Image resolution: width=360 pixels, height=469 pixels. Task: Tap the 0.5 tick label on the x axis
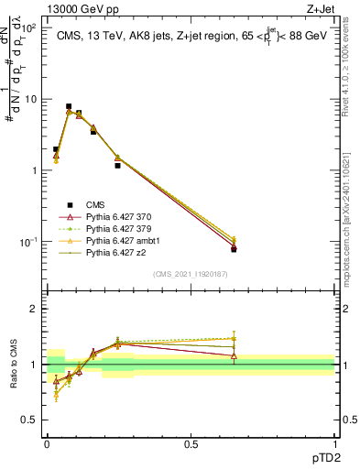coord(191,443)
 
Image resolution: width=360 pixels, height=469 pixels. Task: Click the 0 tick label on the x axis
coord(47,443)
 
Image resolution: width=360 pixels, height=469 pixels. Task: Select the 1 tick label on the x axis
coord(334,443)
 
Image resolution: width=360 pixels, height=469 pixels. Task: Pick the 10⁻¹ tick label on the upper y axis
coord(27,241)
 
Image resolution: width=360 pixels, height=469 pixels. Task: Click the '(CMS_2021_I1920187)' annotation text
coord(190,274)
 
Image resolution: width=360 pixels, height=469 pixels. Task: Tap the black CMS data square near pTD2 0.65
coord(234,249)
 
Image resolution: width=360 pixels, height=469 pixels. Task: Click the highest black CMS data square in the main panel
coord(69,106)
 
